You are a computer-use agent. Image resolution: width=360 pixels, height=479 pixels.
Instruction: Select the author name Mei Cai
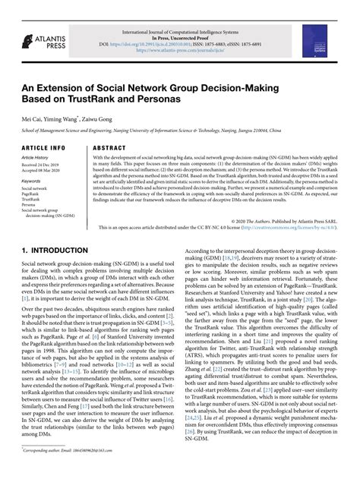tap(33, 118)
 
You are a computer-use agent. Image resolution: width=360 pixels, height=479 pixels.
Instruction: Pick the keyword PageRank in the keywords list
tap(33, 194)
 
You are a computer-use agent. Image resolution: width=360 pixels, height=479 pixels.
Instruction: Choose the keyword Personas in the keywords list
tap(31, 205)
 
